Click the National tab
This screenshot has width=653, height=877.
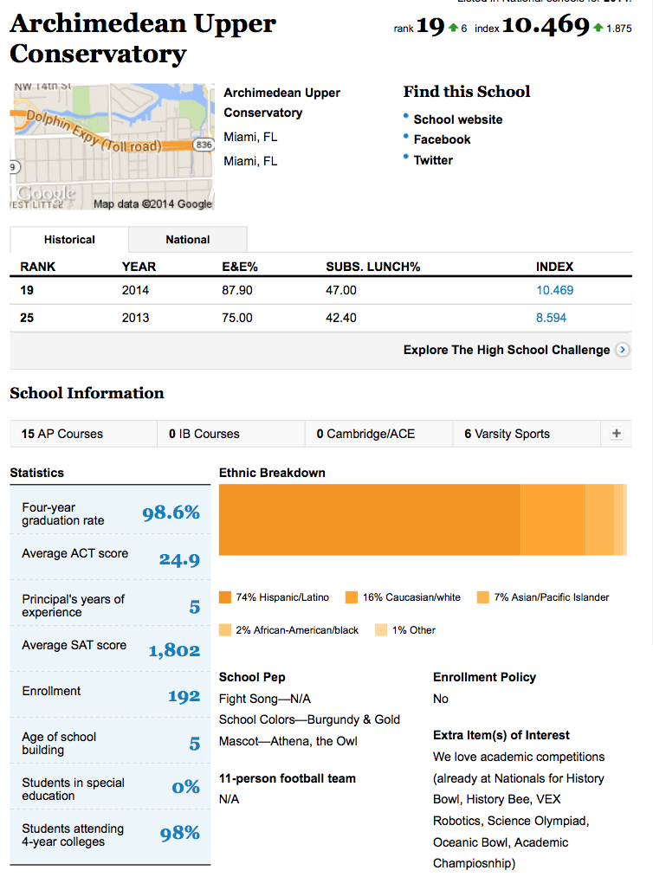(188, 240)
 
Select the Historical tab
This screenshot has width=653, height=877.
(69, 240)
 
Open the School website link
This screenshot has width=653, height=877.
(458, 119)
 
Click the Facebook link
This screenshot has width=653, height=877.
(442, 139)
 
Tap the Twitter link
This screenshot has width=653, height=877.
(433, 160)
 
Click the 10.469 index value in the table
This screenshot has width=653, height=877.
(554, 290)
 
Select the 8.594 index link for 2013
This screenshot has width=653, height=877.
(551, 318)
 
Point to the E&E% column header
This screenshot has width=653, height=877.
(240, 267)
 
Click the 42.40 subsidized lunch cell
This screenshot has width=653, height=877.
(340, 318)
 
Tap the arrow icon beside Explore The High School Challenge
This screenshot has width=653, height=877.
(622, 350)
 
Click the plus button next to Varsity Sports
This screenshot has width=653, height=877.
(616, 434)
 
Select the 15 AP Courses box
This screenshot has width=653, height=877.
(83, 434)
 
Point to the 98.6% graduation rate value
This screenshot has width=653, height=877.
(171, 513)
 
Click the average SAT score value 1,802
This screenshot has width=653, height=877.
(174, 650)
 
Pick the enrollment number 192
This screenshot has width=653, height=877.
(184, 696)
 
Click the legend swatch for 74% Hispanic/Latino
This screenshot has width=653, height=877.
(225, 597)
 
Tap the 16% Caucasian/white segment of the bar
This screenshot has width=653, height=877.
(553, 519)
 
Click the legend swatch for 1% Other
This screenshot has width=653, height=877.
(381, 629)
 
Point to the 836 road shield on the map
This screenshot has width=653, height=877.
(204, 145)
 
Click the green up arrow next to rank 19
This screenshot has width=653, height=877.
(453, 28)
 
